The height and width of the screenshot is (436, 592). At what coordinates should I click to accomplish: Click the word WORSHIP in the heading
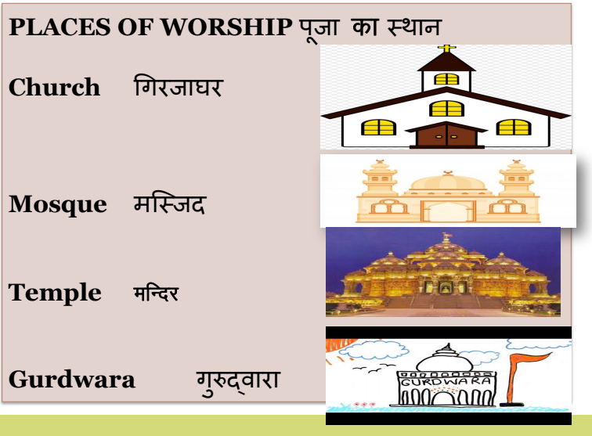tap(226, 27)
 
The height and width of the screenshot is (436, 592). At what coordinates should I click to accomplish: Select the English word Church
tap(54, 87)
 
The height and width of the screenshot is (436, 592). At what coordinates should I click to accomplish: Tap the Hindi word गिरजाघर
tap(179, 86)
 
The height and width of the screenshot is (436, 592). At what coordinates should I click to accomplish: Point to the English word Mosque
tap(58, 204)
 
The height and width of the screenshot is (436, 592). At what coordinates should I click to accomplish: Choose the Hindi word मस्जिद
tap(169, 203)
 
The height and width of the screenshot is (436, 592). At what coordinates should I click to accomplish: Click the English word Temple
tap(55, 293)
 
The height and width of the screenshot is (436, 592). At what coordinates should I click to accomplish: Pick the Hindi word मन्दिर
tap(156, 293)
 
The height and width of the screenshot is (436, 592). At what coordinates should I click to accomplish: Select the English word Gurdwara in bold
tap(72, 380)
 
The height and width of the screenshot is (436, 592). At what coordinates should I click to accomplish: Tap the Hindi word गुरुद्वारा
tap(239, 382)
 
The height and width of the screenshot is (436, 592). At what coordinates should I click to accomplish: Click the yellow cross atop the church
tap(446, 49)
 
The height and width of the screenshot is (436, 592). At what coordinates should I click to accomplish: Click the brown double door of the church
tap(446, 135)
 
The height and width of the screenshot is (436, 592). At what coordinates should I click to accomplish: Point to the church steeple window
tap(446, 79)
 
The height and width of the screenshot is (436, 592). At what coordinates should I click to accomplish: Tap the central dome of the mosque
tap(448, 182)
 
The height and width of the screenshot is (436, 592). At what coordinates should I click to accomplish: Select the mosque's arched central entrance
tap(448, 211)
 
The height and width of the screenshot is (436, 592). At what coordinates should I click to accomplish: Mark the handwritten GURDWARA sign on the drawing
tap(446, 381)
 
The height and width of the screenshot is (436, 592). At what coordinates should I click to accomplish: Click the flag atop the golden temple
tap(448, 236)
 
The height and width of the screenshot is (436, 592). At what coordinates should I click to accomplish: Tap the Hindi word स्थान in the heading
tap(414, 27)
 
